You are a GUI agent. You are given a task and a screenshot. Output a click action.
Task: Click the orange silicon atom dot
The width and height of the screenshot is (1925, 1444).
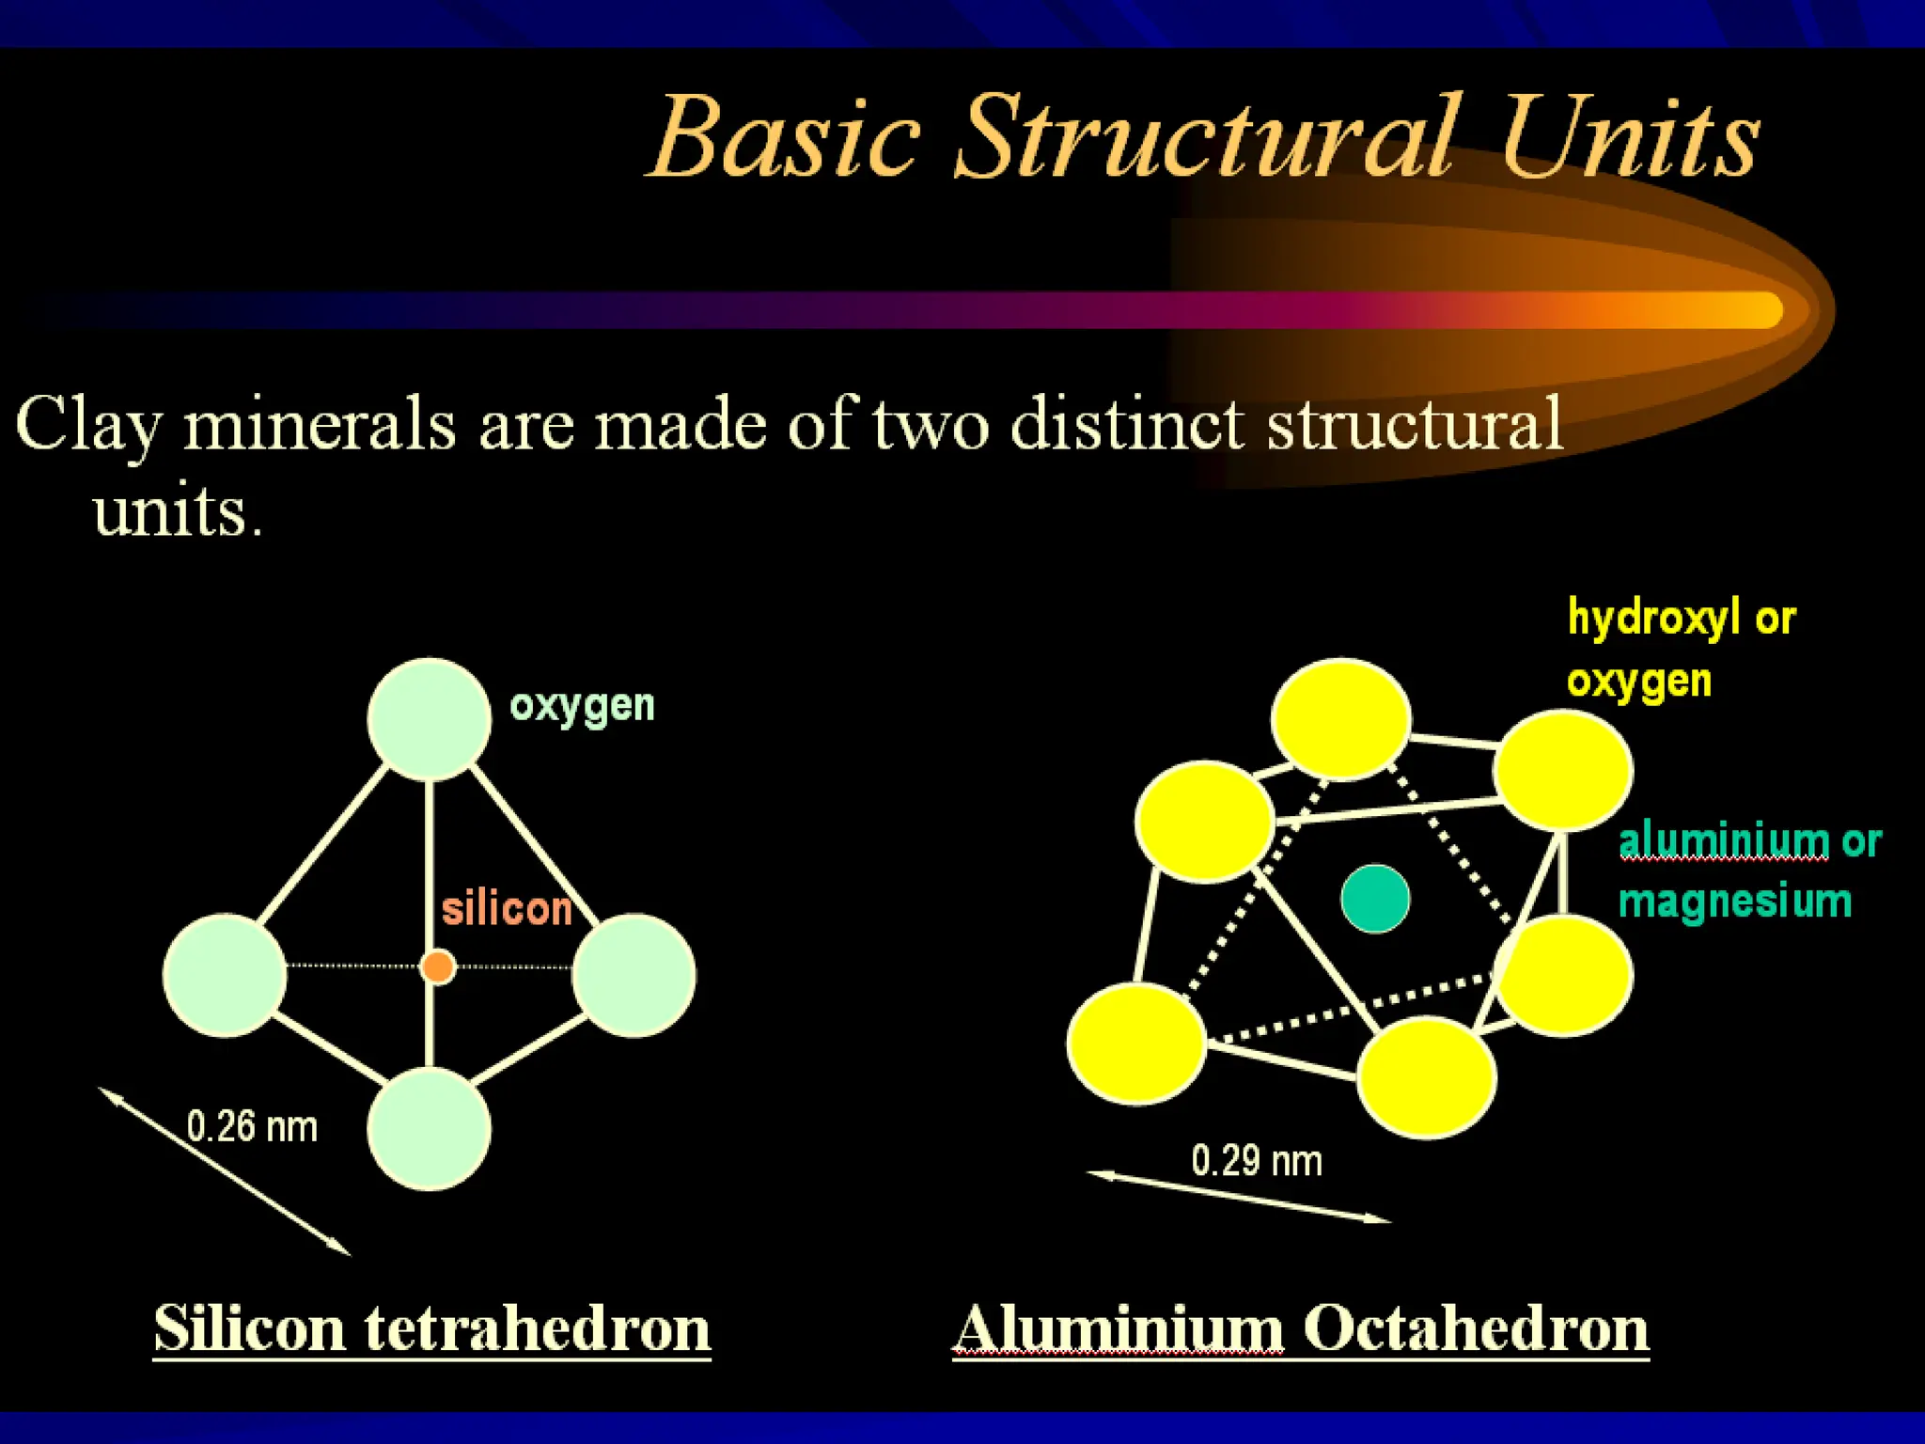[438, 966]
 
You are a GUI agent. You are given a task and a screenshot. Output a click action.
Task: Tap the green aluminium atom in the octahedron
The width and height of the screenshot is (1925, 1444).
[1375, 899]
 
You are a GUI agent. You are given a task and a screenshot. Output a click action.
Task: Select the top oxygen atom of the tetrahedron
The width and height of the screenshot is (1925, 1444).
[430, 719]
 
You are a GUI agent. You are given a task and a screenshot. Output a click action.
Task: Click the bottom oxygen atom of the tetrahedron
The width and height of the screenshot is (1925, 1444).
[430, 1129]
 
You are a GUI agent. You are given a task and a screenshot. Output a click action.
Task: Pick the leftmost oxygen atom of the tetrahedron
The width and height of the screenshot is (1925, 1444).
[225, 975]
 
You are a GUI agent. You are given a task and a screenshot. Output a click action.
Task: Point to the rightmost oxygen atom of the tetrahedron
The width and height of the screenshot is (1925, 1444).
[634, 975]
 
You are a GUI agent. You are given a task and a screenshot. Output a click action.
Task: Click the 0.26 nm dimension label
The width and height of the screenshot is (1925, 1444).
[252, 1127]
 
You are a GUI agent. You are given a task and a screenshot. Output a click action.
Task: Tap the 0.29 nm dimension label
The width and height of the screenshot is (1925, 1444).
[1257, 1161]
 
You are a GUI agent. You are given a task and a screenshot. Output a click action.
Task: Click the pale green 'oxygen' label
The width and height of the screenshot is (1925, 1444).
[582, 706]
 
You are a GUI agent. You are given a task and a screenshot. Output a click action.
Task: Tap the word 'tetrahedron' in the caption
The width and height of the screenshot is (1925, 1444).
[537, 1328]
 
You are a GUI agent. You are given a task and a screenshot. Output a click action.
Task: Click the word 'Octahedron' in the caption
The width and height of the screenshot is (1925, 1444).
[1476, 1328]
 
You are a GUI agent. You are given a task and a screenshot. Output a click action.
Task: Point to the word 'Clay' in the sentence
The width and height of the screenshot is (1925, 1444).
[89, 426]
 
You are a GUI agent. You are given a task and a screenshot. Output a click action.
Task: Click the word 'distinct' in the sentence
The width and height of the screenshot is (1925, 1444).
[1128, 424]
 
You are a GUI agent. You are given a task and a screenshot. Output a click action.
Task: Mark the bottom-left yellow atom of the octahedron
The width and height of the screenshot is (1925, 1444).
[1137, 1043]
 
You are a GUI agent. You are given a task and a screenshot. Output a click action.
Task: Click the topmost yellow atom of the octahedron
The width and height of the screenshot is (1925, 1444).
[1341, 719]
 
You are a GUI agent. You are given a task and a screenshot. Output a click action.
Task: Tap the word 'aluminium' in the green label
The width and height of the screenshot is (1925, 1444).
[1724, 840]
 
